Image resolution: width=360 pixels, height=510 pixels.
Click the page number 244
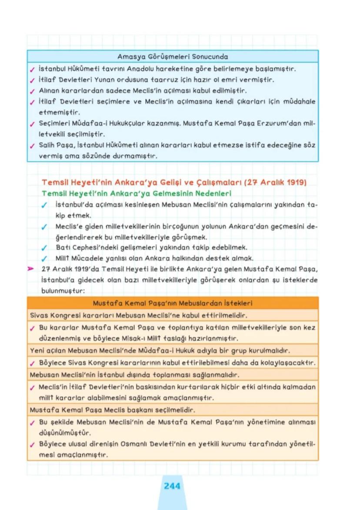pos(172,486)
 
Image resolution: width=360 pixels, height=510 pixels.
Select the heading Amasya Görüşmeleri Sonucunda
pos(173,57)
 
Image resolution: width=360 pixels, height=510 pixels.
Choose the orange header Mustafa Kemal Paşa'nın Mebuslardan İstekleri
pos(173,303)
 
